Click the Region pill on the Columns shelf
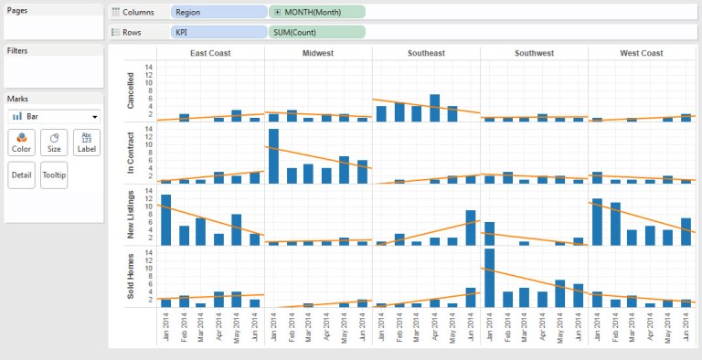point(219,13)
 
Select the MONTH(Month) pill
point(317,13)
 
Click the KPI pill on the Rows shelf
point(219,32)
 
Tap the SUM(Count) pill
point(317,32)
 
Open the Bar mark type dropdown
point(53,117)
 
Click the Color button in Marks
point(21,143)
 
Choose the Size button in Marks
point(54,143)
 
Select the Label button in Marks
point(87,143)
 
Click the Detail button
point(21,175)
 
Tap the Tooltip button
point(54,175)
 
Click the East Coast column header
point(210,54)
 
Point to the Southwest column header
point(534,54)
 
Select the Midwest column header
point(318,54)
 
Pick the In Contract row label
point(130,154)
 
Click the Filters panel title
point(17,50)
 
